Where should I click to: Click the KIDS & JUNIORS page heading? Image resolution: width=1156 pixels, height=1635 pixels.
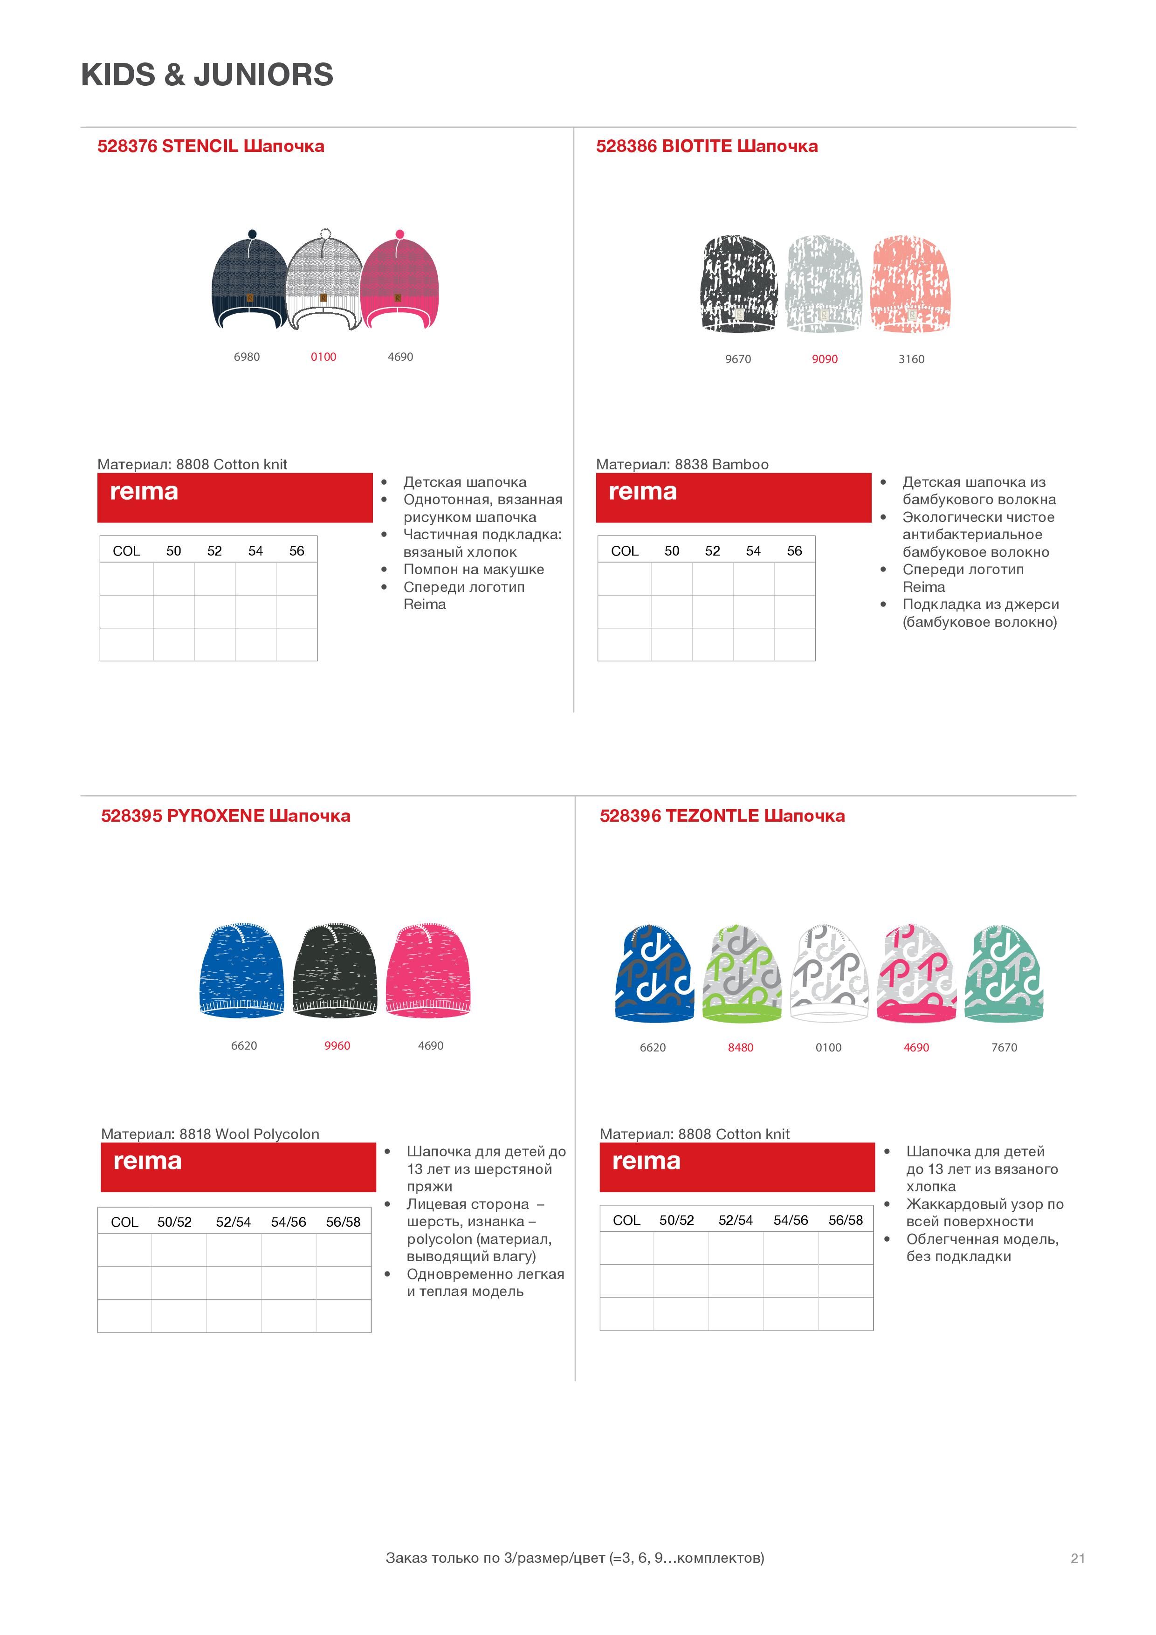tap(206, 75)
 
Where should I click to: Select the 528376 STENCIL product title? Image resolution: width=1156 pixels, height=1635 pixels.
tap(210, 146)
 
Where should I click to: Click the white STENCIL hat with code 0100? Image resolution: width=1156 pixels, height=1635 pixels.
tap(324, 285)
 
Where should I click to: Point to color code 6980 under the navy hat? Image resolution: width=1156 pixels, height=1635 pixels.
tap(247, 357)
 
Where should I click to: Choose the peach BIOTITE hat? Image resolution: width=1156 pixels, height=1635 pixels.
tap(910, 284)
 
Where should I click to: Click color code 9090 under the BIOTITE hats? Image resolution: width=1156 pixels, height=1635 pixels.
tap(824, 359)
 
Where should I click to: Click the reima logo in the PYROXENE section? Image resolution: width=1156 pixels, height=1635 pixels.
tap(147, 1161)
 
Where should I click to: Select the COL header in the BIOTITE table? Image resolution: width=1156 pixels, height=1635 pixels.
tap(624, 550)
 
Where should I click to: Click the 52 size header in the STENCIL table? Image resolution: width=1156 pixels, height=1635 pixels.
tap(214, 550)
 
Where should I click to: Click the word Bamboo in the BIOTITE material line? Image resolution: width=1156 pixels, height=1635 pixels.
tap(744, 464)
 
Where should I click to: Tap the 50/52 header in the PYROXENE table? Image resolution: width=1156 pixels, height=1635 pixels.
tap(174, 1222)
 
